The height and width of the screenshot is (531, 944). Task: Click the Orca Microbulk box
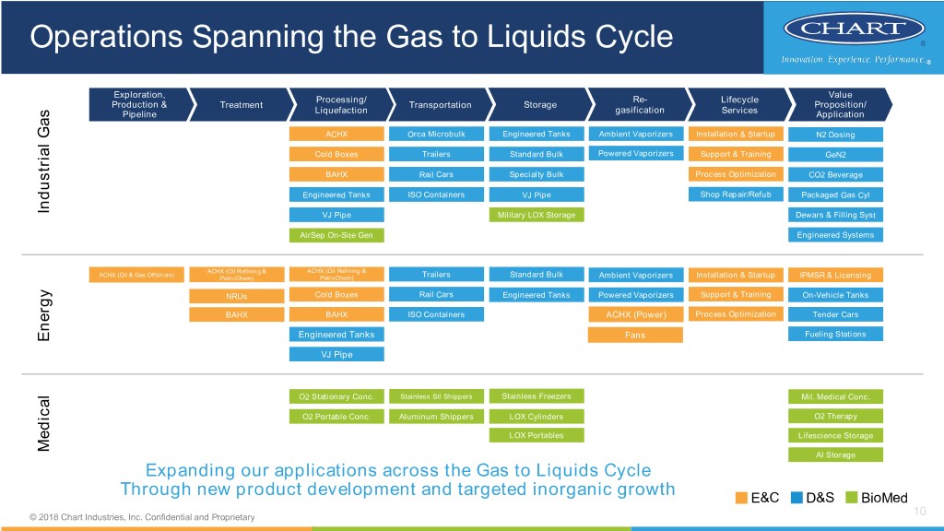[x=436, y=135]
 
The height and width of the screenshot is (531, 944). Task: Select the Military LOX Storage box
[x=536, y=215]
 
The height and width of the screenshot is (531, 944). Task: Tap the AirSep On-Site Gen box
[x=336, y=235]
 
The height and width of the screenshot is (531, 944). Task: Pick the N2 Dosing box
[x=835, y=135]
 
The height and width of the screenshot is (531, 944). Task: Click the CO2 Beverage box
[x=835, y=175]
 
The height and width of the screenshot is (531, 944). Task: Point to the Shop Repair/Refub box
[x=735, y=194]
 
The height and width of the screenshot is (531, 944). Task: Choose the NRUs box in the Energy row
[x=236, y=296]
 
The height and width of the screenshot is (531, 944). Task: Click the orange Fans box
[x=634, y=335]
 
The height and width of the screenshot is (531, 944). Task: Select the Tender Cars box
[x=835, y=315]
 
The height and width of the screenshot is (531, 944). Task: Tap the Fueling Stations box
[x=835, y=335]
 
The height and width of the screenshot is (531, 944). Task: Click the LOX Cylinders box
[x=536, y=417]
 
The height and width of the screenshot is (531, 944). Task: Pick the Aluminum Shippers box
[x=436, y=417]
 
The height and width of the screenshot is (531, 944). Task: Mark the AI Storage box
[x=835, y=454]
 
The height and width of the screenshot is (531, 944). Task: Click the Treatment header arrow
[x=242, y=104]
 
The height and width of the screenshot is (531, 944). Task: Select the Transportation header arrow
[x=440, y=104]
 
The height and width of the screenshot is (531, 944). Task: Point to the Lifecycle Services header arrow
[x=739, y=104]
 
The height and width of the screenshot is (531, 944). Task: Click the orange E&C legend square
[x=741, y=499]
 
